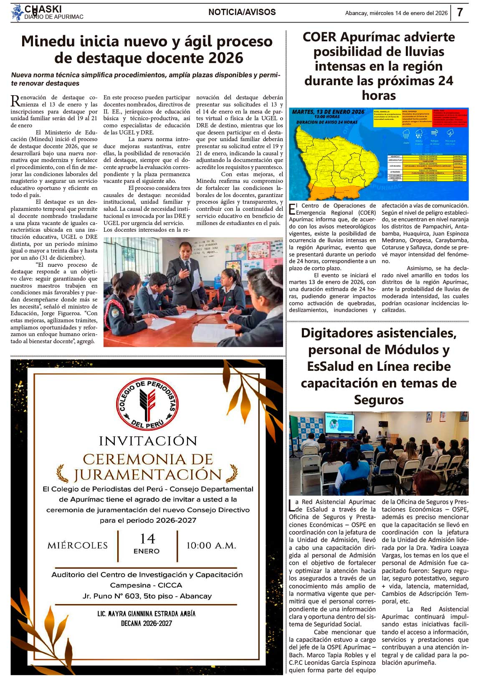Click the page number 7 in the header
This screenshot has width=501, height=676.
coord(460,13)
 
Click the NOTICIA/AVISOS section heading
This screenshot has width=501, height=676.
coord(242,12)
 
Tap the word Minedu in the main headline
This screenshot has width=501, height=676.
coord(48,41)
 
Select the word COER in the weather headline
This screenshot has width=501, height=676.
coord(319,37)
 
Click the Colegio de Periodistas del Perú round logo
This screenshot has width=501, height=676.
coord(147,403)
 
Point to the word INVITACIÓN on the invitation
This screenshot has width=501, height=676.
coord(148,441)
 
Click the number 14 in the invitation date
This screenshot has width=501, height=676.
coord(147,539)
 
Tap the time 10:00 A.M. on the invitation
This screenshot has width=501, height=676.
coord(211,545)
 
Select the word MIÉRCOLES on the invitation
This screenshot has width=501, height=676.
coord(78,545)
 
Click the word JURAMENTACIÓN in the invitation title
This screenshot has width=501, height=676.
coord(148,475)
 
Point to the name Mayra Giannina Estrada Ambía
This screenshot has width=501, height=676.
coord(146,614)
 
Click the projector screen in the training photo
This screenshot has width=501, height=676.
coord(339,423)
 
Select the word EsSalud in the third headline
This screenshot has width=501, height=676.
coord(335,367)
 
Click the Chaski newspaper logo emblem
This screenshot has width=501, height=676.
coord(17,13)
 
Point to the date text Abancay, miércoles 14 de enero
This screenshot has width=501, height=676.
coord(396,13)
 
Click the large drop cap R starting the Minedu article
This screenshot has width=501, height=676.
coord(15,101)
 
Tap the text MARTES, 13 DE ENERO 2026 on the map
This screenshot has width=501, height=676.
coord(328,112)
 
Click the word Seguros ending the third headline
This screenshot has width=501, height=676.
coord(378,400)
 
